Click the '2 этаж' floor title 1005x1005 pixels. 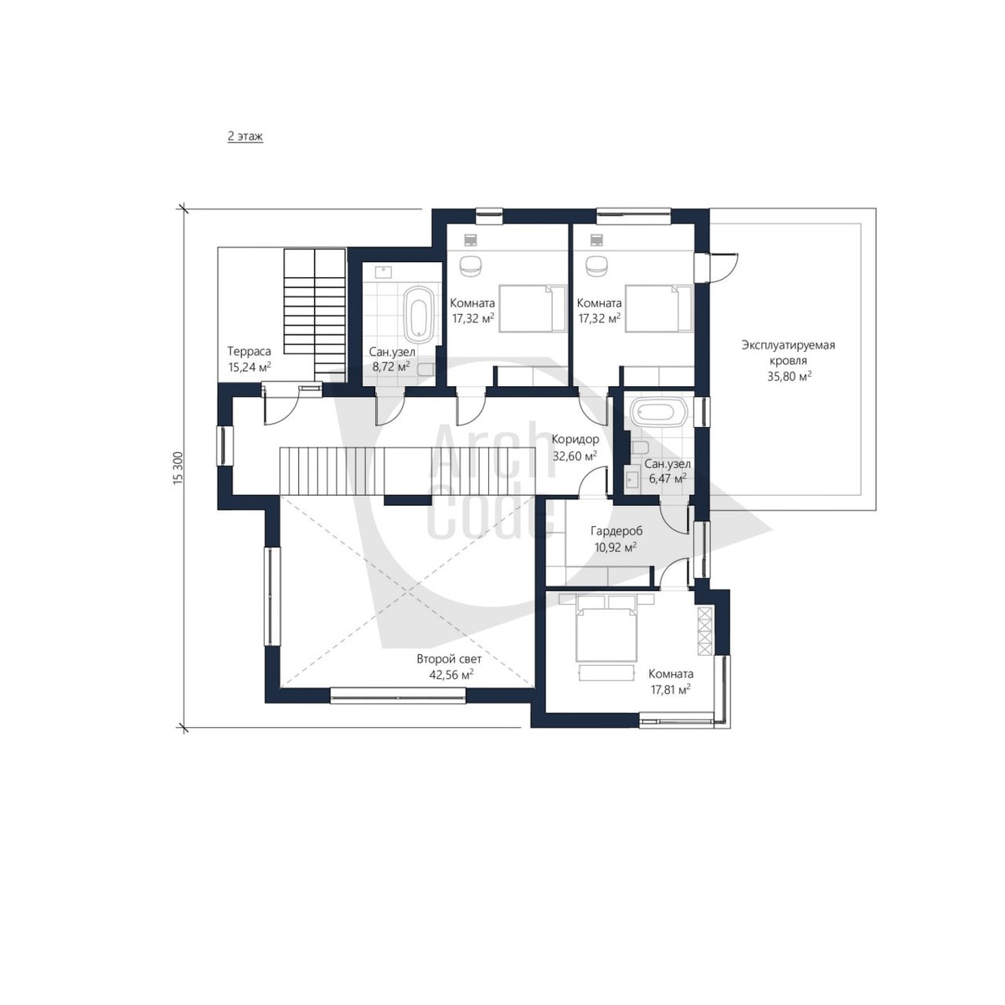point(245,137)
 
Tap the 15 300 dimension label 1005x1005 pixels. point(178,468)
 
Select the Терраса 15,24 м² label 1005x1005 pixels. point(250,358)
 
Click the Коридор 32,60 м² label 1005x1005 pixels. point(575,447)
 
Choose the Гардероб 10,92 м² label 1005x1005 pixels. point(616,539)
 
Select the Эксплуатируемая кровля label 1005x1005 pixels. point(788,352)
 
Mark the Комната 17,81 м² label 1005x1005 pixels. point(670,681)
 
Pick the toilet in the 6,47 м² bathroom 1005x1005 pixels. point(640,447)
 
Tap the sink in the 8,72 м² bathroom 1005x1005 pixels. point(384,271)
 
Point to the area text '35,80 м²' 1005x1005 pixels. point(789,375)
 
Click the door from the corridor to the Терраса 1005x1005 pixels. point(281,405)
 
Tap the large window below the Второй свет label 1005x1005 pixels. point(398,696)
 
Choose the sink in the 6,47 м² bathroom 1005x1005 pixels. point(633,479)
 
